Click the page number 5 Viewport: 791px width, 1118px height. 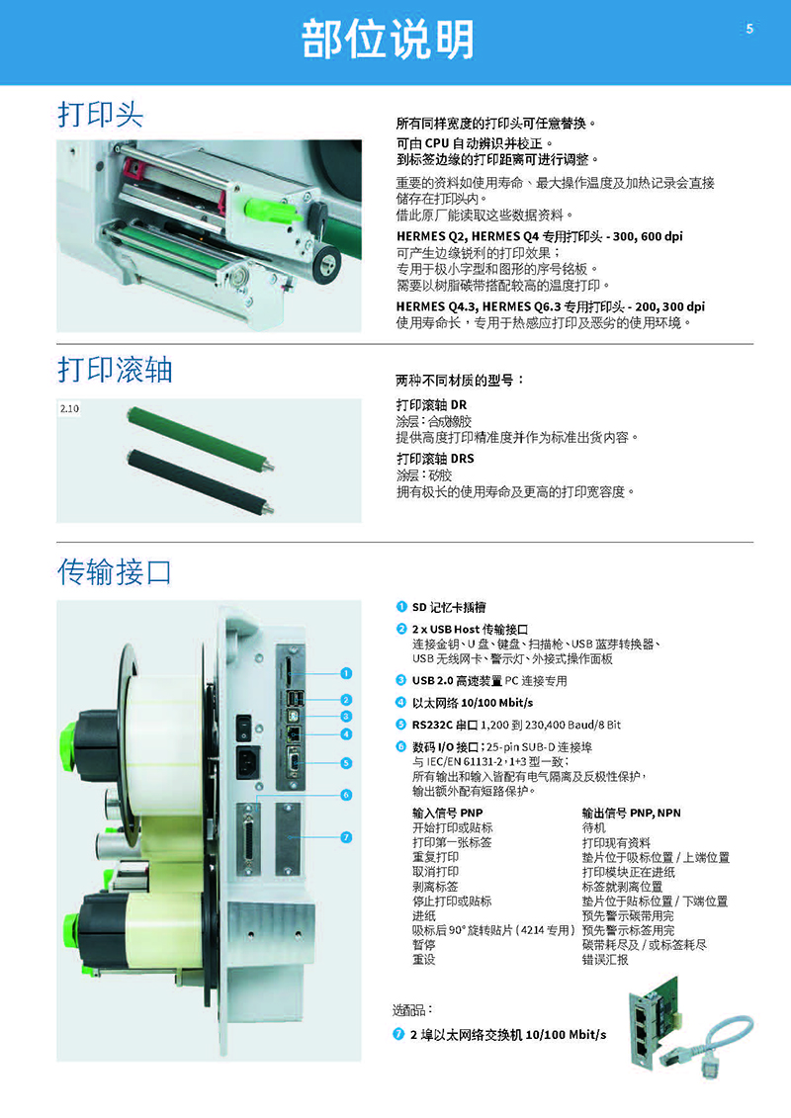tap(748, 29)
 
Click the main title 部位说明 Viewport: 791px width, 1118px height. tap(388, 40)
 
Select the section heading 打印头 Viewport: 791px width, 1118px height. tap(101, 114)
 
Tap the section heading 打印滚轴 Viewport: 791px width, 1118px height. tap(115, 370)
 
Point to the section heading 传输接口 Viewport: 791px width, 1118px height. tap(115, 571)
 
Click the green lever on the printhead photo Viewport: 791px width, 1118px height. tap(270, 210)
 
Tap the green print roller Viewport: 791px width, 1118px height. tap(201, 438)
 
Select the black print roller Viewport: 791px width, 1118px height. tap(200, 481)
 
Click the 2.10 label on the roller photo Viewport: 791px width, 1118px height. tap(69, 408)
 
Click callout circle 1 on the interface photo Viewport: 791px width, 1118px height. tap(346, 673)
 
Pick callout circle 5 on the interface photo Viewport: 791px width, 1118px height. tap(346, 763)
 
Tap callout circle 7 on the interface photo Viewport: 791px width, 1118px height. tap(346, 837)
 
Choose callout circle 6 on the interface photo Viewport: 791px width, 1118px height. tap(346, 795)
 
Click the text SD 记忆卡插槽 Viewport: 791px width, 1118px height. tap(449, 607)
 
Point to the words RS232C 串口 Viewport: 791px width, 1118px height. tap(444, 725)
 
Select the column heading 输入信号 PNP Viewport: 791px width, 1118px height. tap(447, 813)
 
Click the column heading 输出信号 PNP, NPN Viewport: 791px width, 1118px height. tap(631, 813)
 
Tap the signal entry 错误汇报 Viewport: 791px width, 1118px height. tap(605, 960)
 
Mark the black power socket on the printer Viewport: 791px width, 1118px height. tap(247, 763)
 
